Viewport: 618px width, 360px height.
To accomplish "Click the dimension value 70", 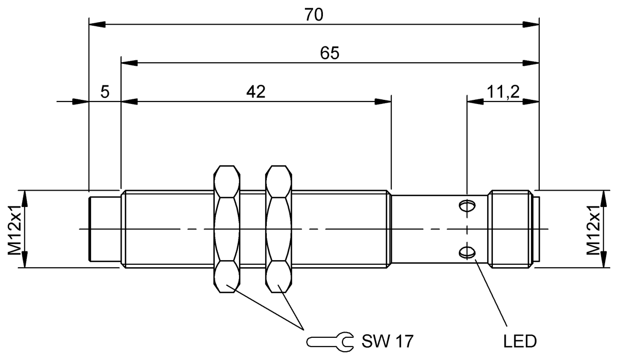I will pyautogui.click(x=314, y=14).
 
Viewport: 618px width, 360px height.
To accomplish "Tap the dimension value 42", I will pyautogui.click(x=255, y=92).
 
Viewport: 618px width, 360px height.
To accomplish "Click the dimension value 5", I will pyautogui.click(x=105, y=92).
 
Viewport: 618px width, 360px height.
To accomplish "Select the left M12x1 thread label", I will pyautogui.click(x=14, y=229).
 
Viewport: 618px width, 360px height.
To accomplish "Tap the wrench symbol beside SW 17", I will pyautogui.click(x=330, y=340).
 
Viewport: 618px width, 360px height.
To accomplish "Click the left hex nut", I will pyautogui.click(x=227, y=229).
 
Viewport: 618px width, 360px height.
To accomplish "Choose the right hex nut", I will pyautogui.click(x=280, y=229).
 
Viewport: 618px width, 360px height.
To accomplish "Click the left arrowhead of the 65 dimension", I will pyautogui.click(x=129, y=63).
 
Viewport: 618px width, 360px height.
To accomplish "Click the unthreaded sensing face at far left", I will pyautogui.click(x=105, y=229).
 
